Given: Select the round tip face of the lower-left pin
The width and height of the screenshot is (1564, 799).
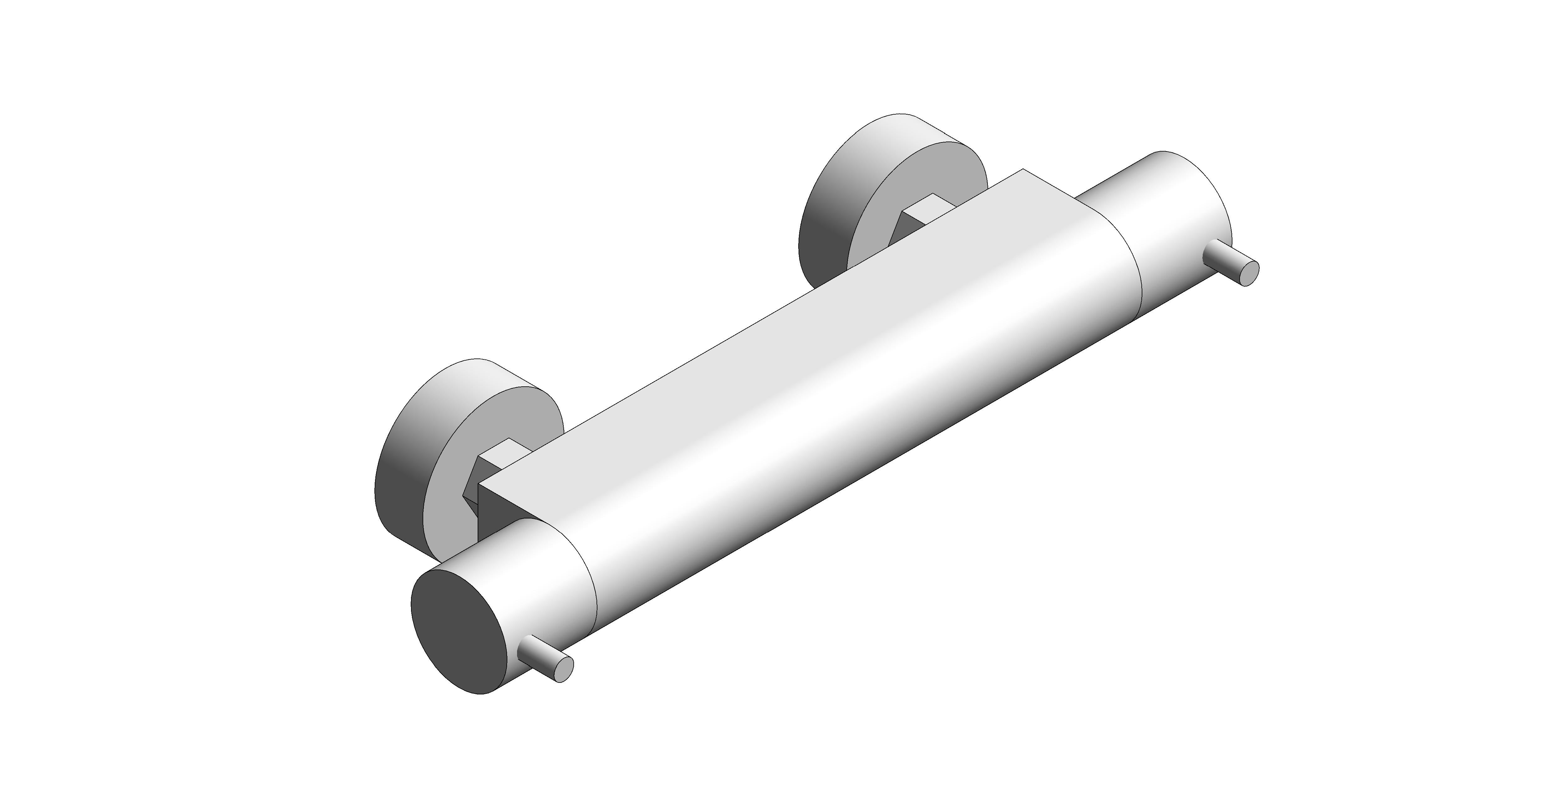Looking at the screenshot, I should point(564,669).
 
